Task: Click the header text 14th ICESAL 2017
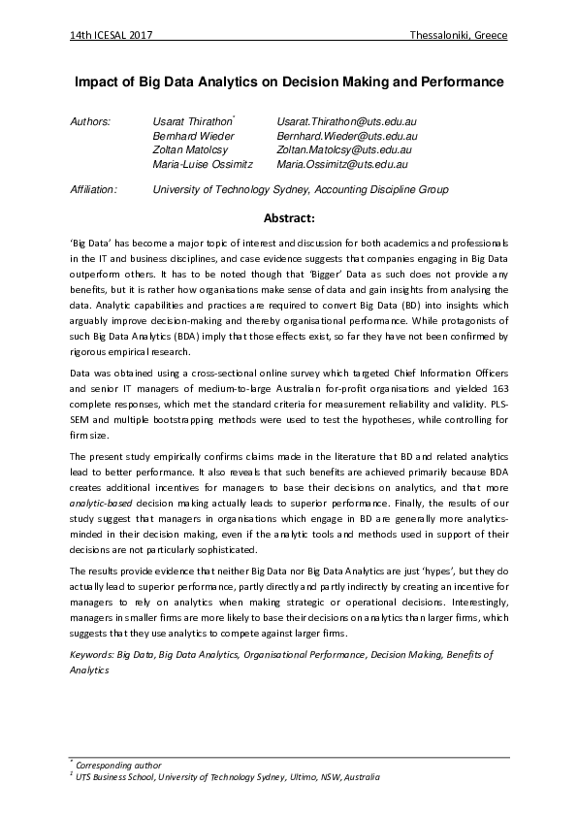[x=112, y=36]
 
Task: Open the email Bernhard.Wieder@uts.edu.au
[x=345, y=137]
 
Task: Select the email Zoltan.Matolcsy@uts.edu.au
[x=345, y=150]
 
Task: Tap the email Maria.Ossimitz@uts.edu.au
[x=341, y=165]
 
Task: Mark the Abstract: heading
[x=289, y=218]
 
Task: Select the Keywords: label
[x=92, y=655]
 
